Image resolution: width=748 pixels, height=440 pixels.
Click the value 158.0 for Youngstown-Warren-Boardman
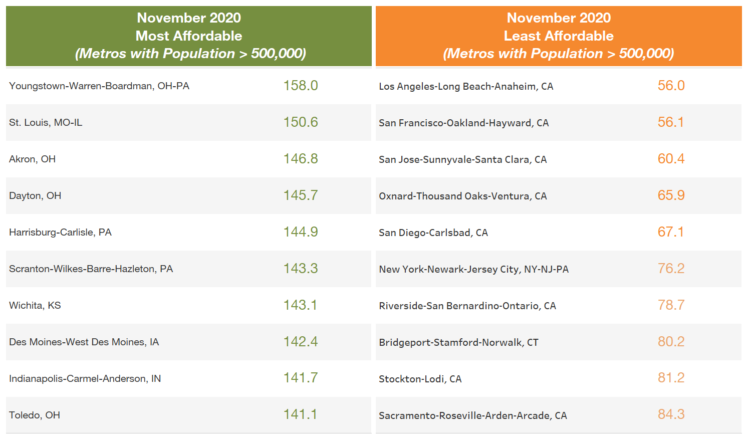click(301, 86)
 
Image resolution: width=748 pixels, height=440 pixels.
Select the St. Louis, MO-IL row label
click(46, 123)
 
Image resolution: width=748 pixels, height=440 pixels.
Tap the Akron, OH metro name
click(33, 159)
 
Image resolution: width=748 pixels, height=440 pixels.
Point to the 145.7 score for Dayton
click(301, 195)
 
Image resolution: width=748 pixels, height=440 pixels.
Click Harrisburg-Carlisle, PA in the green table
click(60, 233)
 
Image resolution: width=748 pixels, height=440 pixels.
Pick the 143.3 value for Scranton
click(301, 269)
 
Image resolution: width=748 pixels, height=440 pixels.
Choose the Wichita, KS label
click(35, 306)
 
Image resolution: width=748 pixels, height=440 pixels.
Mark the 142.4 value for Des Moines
click(301, 342)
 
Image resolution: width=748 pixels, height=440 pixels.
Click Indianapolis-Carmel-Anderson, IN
click(85, 379)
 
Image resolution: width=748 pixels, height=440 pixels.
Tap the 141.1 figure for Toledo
click(301, 414)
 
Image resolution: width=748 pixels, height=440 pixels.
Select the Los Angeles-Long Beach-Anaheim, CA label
click(466, 86)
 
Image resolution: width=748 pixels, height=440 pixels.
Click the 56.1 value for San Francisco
click(671, 122)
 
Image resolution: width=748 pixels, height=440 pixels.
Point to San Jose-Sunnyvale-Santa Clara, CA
click(462, 159)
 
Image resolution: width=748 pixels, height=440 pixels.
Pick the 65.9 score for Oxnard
click(671, 195)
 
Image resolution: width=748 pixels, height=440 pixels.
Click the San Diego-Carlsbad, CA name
click(433, 233)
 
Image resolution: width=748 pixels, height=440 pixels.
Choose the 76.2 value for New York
click(671, 269)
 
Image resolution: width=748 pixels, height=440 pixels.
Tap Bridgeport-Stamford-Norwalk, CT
click(458, 342)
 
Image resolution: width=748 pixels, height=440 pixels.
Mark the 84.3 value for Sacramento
click(671, 414)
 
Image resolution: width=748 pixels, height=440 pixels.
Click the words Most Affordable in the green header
click(189, 36)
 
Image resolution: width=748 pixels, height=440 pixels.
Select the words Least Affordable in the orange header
click(559, 36)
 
